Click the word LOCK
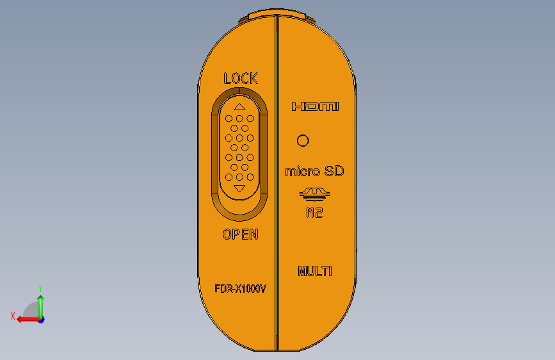(241, 79)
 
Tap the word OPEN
(241, 234)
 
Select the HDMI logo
(314, 107)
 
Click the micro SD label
(314, 171)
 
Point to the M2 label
(314, 213)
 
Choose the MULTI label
(315, 271)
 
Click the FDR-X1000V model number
(240, 289)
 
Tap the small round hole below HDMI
(303, 140)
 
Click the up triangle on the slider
(239, 107)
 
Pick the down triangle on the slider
(239, 188)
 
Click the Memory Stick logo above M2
(314, 192)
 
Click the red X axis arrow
(26, 318)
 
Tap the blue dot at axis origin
(41, 319)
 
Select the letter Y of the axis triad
(40, 288)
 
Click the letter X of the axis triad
(12, 316)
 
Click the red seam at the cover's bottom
(276, 341)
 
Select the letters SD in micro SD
(334, 171)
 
